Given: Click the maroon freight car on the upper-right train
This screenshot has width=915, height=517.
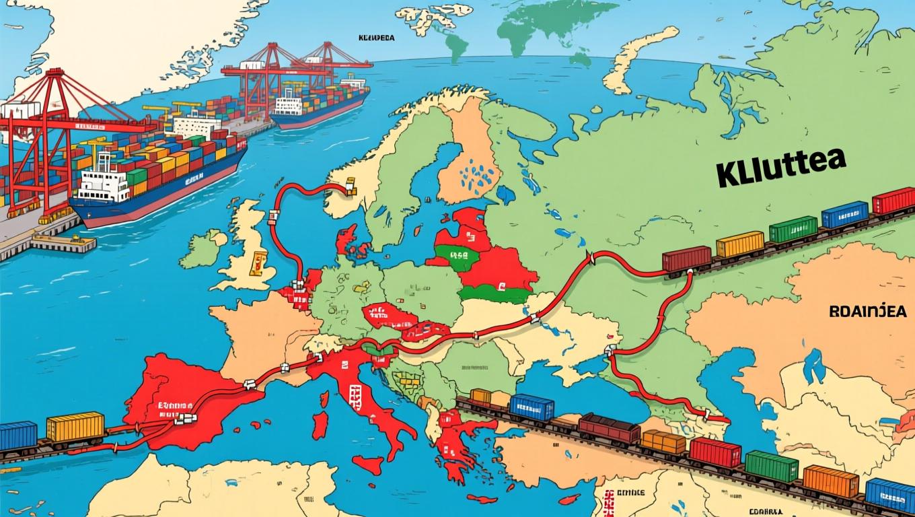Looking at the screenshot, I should (x=686, y=258).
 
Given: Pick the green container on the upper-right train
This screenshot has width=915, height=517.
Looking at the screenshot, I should (x=793, y=229).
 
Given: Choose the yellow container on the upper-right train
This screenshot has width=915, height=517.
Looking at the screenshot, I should (x=740, y=244).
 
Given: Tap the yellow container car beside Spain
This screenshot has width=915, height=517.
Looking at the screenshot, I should (x=75, y=426).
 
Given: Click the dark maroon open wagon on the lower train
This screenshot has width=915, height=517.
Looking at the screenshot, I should (x=609, y=428).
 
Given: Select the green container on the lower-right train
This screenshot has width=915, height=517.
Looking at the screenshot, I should (x=771, y=466).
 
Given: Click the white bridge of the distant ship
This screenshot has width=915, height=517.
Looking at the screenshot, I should (x=289, y=104).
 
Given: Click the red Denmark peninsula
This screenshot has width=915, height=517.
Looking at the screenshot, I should (x=347, y=239).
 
